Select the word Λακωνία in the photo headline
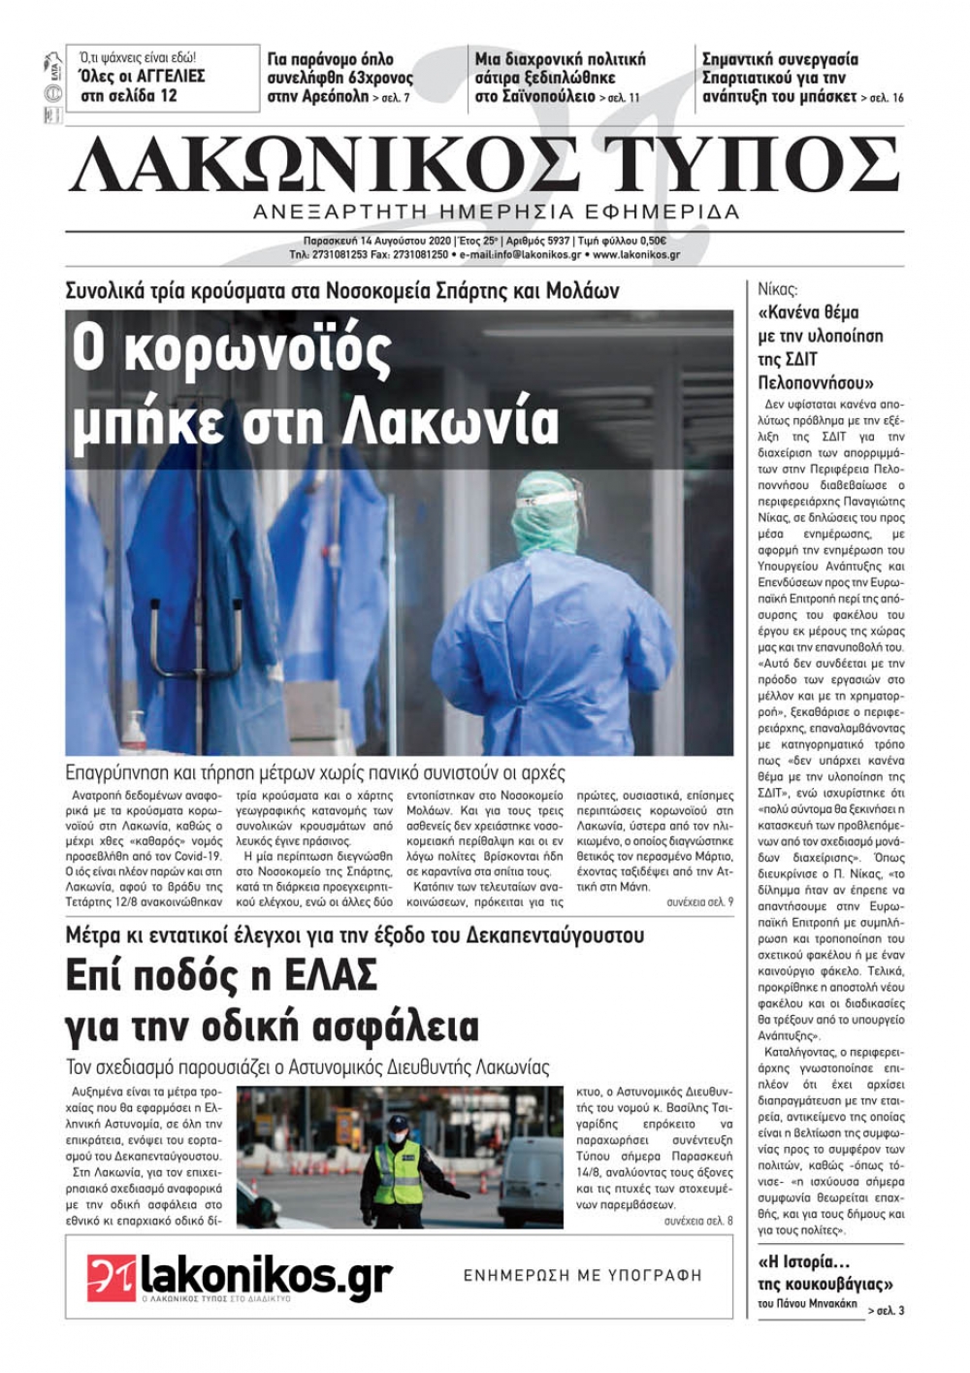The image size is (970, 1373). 452,421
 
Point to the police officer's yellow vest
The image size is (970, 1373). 399,1171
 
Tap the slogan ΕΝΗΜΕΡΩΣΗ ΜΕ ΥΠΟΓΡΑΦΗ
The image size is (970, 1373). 582,1275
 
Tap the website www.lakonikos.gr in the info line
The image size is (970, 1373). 635,255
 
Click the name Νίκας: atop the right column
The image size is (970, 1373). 777,289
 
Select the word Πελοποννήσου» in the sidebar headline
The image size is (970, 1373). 816,382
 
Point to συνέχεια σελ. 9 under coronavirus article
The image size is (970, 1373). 699,902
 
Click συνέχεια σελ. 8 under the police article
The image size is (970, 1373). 698,1221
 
